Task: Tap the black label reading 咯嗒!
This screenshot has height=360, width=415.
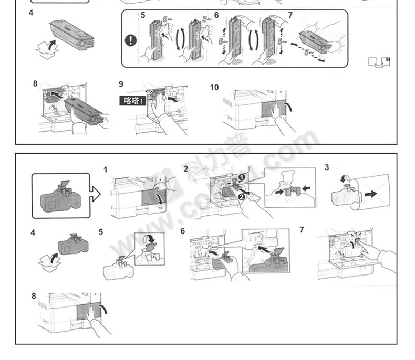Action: pyautogui.click(x=132, y=100)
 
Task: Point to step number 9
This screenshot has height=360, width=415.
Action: pyautogui.click(x=121, y=84)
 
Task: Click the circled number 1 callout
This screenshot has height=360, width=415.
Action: pyautogui.click(x=242, y=178)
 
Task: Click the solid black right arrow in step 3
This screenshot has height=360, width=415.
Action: pyautogui.click(x=371, y=194)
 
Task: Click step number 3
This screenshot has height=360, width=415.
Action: pyautogui.click(x=326, y=167)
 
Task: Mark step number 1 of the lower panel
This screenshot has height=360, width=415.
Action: pyautogui.click(x=106, y=170)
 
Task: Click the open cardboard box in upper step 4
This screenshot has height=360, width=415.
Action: pyautogui.click(x=46, y=49)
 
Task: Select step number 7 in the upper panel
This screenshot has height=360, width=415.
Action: pyautogui.click(x=290, y=15)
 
